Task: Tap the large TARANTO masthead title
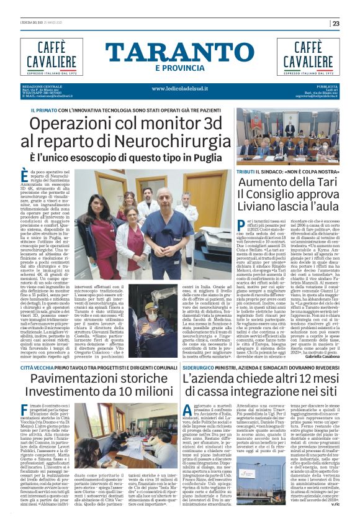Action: tap(179, 53)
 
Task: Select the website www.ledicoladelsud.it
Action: tap(179, 88)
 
